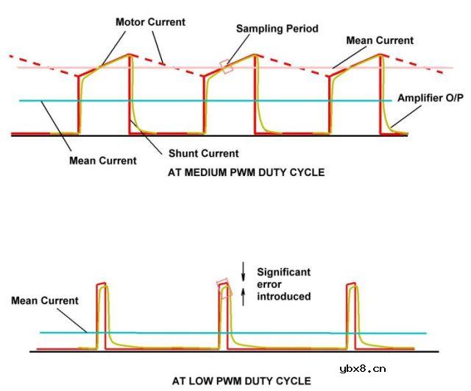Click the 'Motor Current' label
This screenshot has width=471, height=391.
[150, 22]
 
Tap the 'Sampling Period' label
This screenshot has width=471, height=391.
[277, 29]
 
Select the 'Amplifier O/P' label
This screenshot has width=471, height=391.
[430, 98]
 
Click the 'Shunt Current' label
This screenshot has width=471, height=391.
[203, 153]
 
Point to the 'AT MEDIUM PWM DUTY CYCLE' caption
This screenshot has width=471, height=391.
[247, 172]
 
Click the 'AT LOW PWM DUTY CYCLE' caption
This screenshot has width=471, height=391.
[241, 381]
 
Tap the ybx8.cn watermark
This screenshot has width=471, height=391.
[363, 369]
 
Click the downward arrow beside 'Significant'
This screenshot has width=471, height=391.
[244, 272]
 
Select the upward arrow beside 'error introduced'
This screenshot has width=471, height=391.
[244, 296]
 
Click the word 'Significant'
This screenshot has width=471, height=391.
[283, 272]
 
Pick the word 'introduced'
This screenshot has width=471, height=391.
[283, 296]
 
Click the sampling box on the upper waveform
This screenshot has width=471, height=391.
[227, 66]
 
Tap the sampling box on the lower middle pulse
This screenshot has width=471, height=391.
[224, 289]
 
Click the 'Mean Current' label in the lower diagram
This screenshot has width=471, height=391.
[45, 300]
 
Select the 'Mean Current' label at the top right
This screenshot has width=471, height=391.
[380, 40]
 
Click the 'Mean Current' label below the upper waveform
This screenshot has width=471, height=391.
[103, 161]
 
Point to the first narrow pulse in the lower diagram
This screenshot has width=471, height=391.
[102, 316]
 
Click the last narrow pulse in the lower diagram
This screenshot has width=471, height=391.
[352, 316]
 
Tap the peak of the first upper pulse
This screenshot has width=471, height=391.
[130, 54]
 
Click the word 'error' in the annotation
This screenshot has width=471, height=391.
[269, 284]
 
